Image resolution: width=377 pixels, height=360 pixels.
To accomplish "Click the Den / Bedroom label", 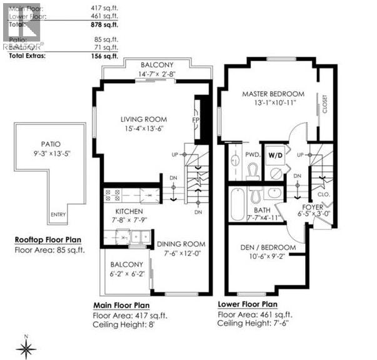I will point(269,247).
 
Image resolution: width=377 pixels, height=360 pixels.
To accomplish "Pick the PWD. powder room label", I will point(253,154).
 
